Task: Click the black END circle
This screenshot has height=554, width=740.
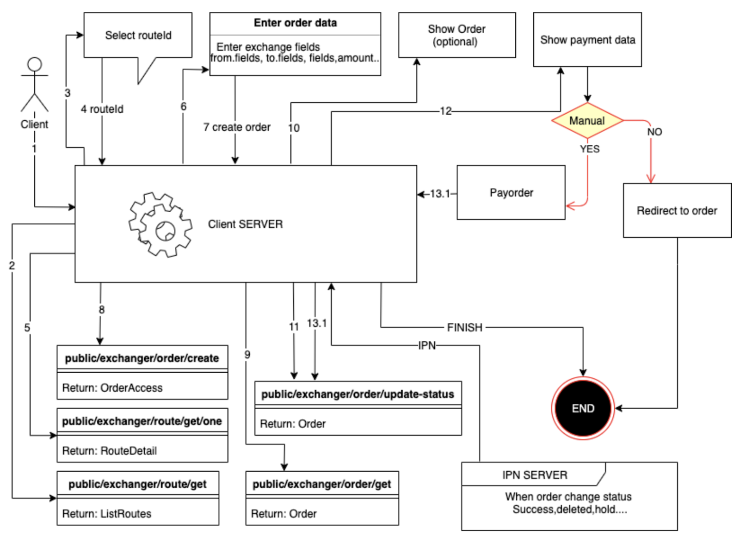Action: click(x=583, y=408)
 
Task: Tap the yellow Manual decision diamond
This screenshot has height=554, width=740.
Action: click(x=587, y=121)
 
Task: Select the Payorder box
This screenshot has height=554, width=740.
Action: click(x=511, y=192)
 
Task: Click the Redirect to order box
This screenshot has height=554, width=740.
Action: click(x=677, y=210)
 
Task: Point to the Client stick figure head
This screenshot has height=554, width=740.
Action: click(x=35, y=64)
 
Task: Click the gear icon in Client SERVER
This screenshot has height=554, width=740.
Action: click(x=160, y=225)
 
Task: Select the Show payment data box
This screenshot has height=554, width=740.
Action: click(x=587, y=40)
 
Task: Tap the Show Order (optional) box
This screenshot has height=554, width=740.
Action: click(x=456, y=35)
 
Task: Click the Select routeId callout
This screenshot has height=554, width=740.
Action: click(x=138, y=35)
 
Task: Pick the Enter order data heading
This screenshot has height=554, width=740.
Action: click(x=295, y=23)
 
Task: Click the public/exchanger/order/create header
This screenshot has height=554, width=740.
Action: click(x=142, y=358)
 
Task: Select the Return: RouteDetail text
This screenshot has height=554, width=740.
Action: click(x=110, y=450)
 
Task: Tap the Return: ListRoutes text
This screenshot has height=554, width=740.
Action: click(x=107, y=513)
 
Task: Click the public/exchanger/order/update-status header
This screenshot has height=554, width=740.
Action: click(x=358, y=394)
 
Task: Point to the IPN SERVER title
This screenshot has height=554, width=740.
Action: click(x=535, y=475)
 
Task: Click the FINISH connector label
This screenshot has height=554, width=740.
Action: click(x=464, y=327)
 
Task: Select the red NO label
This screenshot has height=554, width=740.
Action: click(x=654, y=132)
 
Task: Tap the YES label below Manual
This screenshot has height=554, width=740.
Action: click(x=590, y=149)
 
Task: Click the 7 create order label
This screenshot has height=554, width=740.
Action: click(x=237, y=127)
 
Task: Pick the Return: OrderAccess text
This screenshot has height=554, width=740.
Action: click(x=112, y=388)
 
